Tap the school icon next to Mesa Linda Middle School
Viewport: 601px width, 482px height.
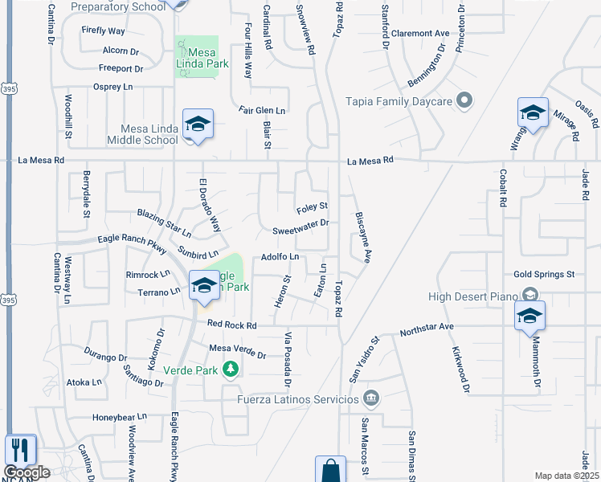198,125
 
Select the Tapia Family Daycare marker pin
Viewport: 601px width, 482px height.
464,101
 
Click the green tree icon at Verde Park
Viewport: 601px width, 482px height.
231,370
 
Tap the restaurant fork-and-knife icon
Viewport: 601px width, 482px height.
20,450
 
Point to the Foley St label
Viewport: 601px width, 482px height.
312,206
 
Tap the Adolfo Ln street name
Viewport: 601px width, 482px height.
280,257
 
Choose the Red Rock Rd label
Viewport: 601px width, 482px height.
231,325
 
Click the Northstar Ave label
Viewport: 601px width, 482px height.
427,327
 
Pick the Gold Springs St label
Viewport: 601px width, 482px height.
544,275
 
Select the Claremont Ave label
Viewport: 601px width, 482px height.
420,34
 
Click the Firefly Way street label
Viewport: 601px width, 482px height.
104,31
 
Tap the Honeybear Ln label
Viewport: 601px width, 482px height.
120,417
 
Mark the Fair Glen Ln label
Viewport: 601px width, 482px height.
262,110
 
